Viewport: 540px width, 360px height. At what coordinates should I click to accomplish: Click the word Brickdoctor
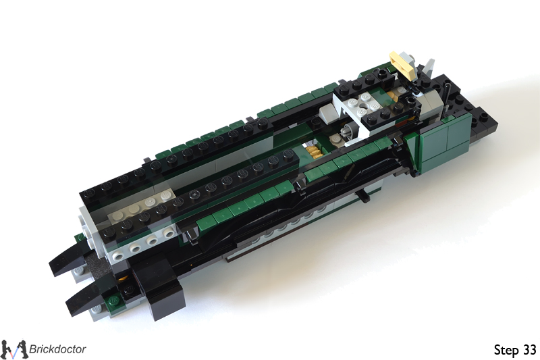(x=57, y=349)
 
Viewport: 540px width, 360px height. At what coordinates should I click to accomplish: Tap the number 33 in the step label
(x=530, y=350)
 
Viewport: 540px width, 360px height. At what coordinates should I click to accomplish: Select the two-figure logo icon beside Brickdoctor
(x=13, y=349)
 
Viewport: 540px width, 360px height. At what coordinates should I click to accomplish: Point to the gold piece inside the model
(x=313, y=151)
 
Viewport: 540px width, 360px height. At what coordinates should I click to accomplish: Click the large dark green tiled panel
(x=443, y=141)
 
